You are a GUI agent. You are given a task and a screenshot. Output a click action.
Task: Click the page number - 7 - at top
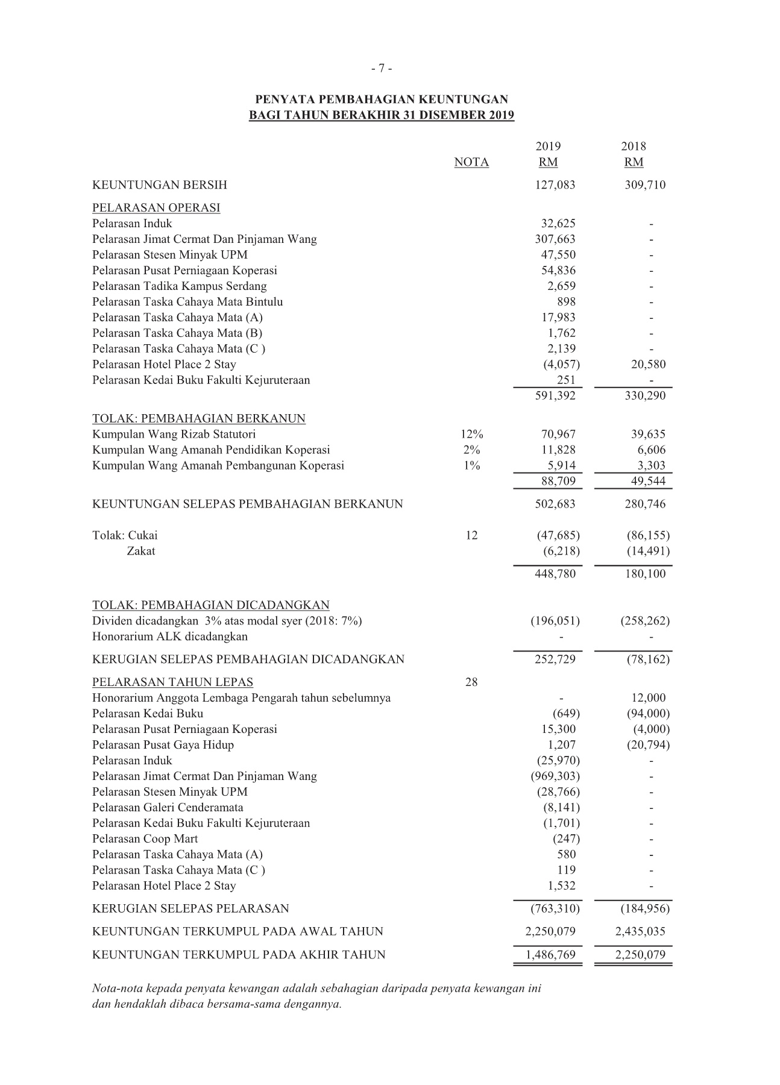382,69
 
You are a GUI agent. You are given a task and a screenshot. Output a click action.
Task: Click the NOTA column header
471,162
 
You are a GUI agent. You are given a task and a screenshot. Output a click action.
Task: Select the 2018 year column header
634,146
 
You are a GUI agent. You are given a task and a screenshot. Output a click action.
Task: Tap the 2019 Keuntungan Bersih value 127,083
555,185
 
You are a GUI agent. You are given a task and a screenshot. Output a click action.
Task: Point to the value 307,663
555,239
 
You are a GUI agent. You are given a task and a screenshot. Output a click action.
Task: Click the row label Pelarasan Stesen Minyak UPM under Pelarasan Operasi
169,255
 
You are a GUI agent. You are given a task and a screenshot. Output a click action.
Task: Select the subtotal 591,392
555,396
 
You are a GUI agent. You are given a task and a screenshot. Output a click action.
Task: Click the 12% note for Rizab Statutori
471,435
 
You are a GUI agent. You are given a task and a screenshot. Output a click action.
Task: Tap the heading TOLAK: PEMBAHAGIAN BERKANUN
198,419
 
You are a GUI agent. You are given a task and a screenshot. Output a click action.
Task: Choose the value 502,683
555,505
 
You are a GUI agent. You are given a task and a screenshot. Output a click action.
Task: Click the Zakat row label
140,552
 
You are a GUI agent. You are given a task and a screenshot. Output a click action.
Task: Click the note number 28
471,682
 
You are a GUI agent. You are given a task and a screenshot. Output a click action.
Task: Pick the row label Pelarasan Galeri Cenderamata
168,808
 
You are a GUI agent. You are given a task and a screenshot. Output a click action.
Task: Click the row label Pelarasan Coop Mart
145,839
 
